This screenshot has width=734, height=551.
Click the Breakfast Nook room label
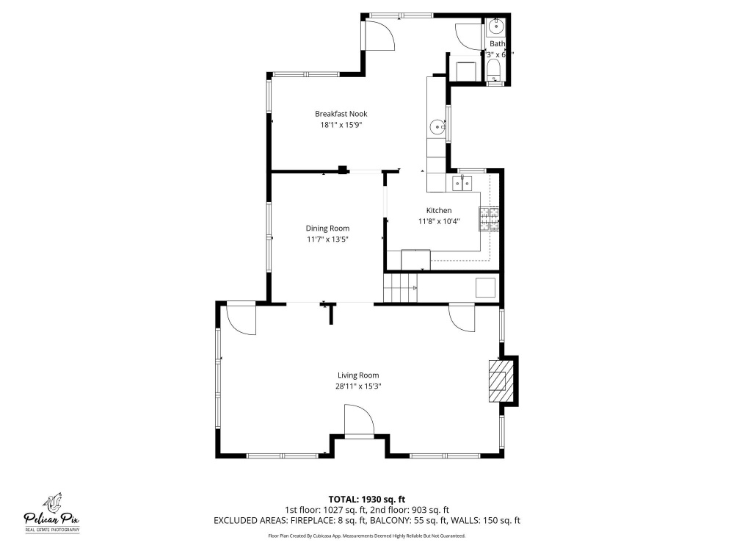pyautogui.click(x=341, y=114)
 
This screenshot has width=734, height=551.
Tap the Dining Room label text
pyautogui.click(x=327, y=228)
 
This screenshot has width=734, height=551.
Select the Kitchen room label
pyautogui.click(x=439, y=211)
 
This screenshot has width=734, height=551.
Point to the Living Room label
pyautogui.click(x=358, y=375)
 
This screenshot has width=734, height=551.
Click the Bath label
pyautogui.click(x=497, y=43)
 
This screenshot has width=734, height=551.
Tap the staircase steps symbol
pyautogui.click(x=400, y=288)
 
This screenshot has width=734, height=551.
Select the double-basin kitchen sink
pyautogui.click(x=462, y=183)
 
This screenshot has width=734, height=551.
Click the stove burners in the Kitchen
pyautogui.click(x=490, y=219)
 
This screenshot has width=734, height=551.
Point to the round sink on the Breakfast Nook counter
pyautogui.click(x=438, y=126)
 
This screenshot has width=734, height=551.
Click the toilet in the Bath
pyautogui.click(x=494, y=73)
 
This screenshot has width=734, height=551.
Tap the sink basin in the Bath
pyautogui.click(x=495, y=26)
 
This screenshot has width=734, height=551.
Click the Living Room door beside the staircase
pyautogui.click(x=462, y=317)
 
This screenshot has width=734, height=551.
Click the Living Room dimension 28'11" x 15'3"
pyautogui.click(x=358, y=386)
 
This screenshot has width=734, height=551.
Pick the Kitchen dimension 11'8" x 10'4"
pyautogui.click(x=439, y=222)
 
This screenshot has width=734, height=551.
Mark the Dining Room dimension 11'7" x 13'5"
pyautogui.click(x=327, y=240)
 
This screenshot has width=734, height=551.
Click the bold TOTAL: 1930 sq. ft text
pyautogui.click(x=366, y=500)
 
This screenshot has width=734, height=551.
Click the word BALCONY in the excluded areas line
pyautogui.click(x=387, y=521)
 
